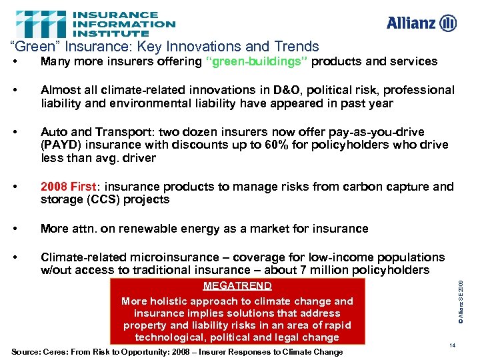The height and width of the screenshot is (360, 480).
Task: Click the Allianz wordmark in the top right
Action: (x=411, y=24)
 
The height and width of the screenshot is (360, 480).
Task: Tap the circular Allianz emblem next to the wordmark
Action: (x=449, y=23)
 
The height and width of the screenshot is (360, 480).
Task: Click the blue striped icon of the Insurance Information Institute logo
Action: (x=41, y=23)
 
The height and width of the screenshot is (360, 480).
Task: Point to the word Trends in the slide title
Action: (x=297, y=47)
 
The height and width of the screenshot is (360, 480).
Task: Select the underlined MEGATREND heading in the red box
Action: (x=237, y=286)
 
